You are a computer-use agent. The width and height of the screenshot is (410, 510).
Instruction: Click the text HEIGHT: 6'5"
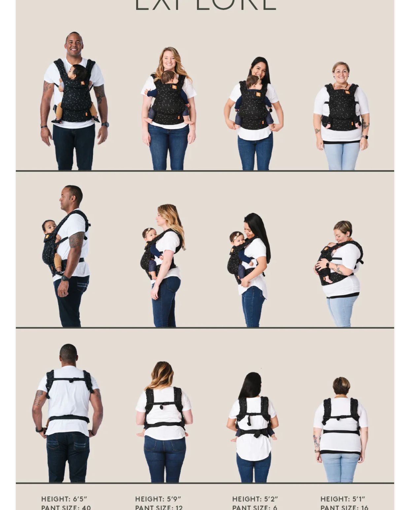[x=64, y=499]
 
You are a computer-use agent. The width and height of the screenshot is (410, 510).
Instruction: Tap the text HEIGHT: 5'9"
[x=158, y=499]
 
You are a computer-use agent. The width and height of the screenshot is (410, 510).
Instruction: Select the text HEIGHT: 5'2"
[x=255, y=499]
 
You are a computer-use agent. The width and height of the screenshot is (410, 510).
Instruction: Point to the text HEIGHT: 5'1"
[x=343, y=499]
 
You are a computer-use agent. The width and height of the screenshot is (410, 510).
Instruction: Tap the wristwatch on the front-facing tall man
[x=105, y=125]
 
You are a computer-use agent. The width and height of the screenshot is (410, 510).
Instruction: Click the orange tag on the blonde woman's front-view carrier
[x=174, y=87]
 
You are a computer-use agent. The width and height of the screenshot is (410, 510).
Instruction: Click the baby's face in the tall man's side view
[x=49, y=227]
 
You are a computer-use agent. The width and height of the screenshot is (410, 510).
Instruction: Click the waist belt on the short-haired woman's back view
[x=341, y=432]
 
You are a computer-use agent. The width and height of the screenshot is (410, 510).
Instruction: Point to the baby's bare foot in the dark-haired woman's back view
[x=234, y=440]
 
